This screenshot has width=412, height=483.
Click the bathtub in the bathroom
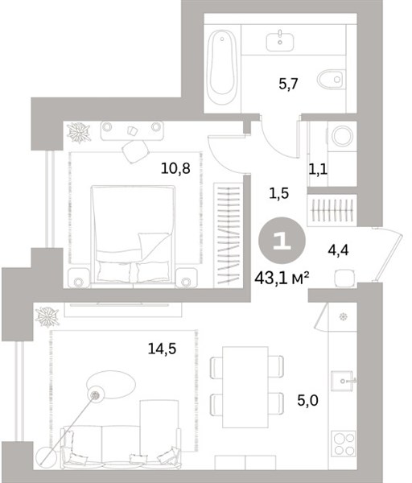point(222,67)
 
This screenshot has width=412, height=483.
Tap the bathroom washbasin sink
point(280,42)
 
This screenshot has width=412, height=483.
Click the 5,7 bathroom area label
point(289,84)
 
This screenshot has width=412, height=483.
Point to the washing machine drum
point(342,135)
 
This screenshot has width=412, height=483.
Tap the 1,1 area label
point(318,169)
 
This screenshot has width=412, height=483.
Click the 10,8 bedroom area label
point(175,168)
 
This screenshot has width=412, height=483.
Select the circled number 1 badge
point(282,240)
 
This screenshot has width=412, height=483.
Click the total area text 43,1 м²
point(282,279)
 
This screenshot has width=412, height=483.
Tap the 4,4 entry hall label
point(338,250)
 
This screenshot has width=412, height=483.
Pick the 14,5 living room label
point(162,349)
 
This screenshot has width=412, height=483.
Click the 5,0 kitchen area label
point(307,400)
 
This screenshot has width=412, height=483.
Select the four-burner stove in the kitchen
point(344,444)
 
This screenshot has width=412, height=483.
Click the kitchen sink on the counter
point(341,381)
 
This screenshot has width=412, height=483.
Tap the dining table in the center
point(245,387)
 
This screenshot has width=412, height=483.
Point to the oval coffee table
point(111,385)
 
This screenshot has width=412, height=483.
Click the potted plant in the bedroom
point(79,133)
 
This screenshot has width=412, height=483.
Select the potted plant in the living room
point(47,317)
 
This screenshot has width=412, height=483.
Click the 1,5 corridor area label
point(278,193)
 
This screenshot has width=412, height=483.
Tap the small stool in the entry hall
point(344,278)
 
